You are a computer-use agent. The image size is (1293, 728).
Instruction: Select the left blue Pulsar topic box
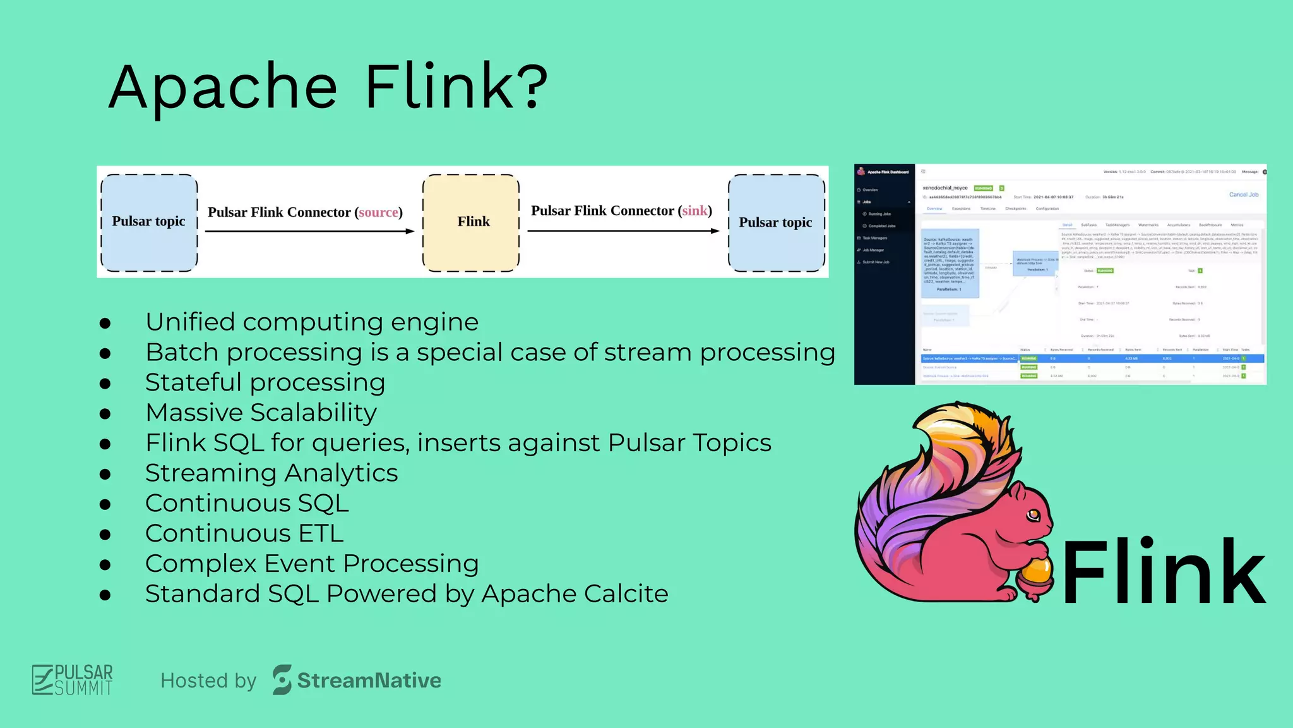[x=149, y=222]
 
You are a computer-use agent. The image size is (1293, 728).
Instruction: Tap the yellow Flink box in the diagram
[x=471, y=222]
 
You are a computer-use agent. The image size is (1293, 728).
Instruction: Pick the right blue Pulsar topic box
[x=776, y=222]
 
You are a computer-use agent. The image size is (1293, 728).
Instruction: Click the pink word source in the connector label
[x=378, y=212]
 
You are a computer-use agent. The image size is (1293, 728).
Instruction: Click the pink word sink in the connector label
[x=694, y=210]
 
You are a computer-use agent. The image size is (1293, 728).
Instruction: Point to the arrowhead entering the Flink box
[x=410, y=231]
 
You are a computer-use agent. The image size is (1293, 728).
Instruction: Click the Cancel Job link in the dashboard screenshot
[x=1243, y=195]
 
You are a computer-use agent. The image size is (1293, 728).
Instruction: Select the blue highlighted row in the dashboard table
[x=1092, y=358]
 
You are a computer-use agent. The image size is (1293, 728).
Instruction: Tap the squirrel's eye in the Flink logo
[x=1033, y=514]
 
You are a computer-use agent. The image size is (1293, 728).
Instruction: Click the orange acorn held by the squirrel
[x=1036, y=573]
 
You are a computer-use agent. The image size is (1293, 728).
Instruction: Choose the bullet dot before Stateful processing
[x=105, y=384]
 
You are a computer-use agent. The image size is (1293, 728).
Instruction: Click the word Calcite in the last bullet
[x=626, y=593]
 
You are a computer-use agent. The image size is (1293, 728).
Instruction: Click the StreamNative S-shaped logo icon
[x=282, y=680]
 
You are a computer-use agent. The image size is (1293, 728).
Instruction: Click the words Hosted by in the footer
[x=208, y=681]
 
